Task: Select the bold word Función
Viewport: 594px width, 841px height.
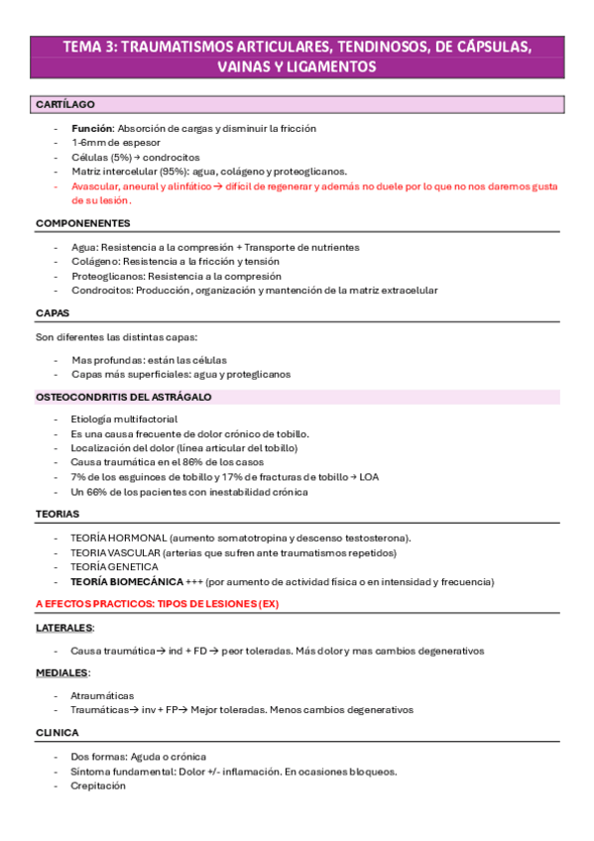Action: (x=91, y=129)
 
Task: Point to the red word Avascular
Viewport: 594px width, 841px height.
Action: (x=95, y=185)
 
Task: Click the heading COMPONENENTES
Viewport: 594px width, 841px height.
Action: (x=82, y=223)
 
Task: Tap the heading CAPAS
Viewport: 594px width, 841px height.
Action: (x=52, y=312)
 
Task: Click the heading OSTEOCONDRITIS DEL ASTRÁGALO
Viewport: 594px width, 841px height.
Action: (x=123, y=397)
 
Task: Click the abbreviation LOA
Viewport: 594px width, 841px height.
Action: (x=366, y=477)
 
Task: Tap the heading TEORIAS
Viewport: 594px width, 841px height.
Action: (x=57, y=514)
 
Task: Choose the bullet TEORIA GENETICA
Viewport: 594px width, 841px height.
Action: (x=114, y=566)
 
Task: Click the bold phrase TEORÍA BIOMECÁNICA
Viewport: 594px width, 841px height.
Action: (x=127, y=581)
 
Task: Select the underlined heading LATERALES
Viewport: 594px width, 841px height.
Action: (x=64, y=628)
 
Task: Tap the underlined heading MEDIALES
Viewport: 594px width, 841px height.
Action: (x=61, y=673)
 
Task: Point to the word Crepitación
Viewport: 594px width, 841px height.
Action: (x=98, y=785)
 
